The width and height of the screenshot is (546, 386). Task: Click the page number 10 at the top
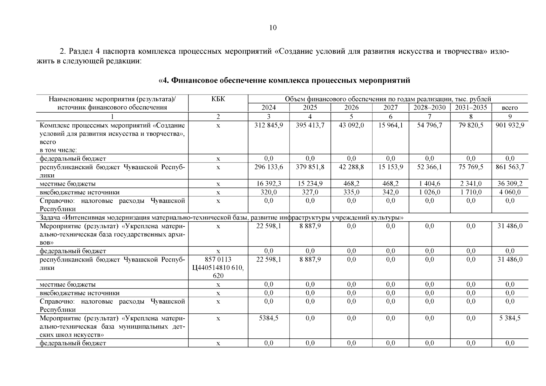pos(273,28)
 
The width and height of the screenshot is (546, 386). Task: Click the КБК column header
pos(218,99)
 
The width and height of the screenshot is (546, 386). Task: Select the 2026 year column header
pos(351,108)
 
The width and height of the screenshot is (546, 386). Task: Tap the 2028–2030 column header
pos(429,108)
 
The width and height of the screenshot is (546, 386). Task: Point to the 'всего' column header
pos(510,108)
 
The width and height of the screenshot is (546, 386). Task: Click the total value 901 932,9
pos(510,125)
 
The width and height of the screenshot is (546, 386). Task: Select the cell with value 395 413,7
pos(310,125)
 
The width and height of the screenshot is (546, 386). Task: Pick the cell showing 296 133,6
pos(269,167)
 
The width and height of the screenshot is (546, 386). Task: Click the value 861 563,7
pos(510,167)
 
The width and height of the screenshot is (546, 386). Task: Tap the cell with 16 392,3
pos(269,184)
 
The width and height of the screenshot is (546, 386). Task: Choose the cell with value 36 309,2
pos(510,184)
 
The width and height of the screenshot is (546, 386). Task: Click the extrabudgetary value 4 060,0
pos(510,192)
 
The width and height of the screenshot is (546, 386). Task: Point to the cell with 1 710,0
pos(471,192)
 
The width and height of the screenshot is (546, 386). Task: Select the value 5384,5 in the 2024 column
pos(269,318)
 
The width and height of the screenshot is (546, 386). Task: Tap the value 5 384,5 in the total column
pos(510,318)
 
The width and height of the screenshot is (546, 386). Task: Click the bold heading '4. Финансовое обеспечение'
pos(284,80)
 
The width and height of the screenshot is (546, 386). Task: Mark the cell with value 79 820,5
pos(471,125)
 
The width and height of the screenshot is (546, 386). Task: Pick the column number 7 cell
pos(429,116)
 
